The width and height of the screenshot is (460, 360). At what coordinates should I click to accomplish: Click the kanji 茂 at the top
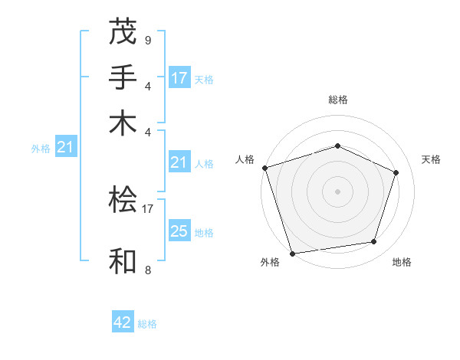click(x=123, y=33)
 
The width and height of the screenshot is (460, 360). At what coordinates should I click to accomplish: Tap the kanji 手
click(x=123, y=77)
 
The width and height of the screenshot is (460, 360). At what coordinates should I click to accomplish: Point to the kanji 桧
click(x=123, y=200)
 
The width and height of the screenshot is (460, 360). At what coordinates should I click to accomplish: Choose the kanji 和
click(x=123, y=260)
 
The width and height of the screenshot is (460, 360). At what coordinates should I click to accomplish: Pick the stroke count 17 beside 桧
click(x=148, y=207)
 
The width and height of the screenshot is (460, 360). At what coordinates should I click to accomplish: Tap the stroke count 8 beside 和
click(x=147, y=270)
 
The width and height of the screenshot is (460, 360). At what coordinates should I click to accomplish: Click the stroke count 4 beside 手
click(x=147, y=85)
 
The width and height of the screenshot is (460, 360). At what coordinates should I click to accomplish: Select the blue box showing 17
click(x=179, y=78)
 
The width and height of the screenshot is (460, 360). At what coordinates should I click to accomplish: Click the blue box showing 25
click(x=179, y=232)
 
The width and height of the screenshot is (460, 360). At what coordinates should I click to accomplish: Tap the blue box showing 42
click(x=123, y=322)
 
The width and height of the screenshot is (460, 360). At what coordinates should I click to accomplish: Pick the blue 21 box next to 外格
click(x=65, y=148)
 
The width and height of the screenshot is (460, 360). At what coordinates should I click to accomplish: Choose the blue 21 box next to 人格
click(x=179, y=162)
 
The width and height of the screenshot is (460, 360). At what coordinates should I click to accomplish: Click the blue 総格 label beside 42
click(x=147, y=324)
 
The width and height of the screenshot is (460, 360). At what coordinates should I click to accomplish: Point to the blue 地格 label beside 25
click(x=204, y=233)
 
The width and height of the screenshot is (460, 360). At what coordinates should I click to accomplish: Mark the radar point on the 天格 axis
click(x=396, y=172)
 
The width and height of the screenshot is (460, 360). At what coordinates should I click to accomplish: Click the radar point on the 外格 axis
click(x=293, y=254)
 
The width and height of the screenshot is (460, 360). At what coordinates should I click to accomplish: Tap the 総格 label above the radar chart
click(x=337, y=100)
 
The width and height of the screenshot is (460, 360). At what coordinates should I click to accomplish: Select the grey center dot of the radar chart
click(x=337, y=191)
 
